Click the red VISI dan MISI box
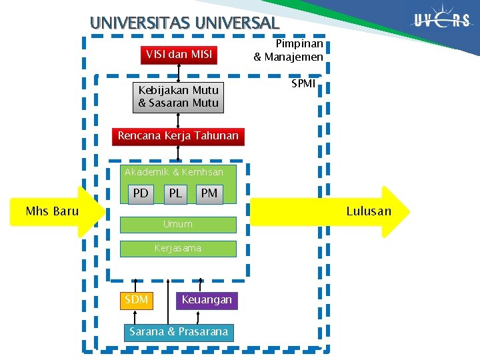[x=179, y=55]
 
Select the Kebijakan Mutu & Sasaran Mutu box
[x=178, y=97]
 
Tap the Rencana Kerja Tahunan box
[x=177, y=136]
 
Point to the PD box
[x=141, y=193]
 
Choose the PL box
[x=175, y=193]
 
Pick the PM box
[x=209, y=193]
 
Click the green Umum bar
[x=177, y=225]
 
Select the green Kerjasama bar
[x=177, y=249]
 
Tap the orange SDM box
[x=137, y=300]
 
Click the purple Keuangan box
[x=207, y=300]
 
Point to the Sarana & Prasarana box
[x=179, y=332]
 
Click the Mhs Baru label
[x=52, y=212]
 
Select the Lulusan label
[x=369, y=212]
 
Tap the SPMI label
[x=303, y=85]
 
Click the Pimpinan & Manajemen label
[x=289, y=51]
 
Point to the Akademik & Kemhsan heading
[x=174, y=172]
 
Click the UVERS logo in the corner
[x=441, y=20]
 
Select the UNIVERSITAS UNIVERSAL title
[x=185, y=22]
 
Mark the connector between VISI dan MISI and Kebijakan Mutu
[x=179, y=73]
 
